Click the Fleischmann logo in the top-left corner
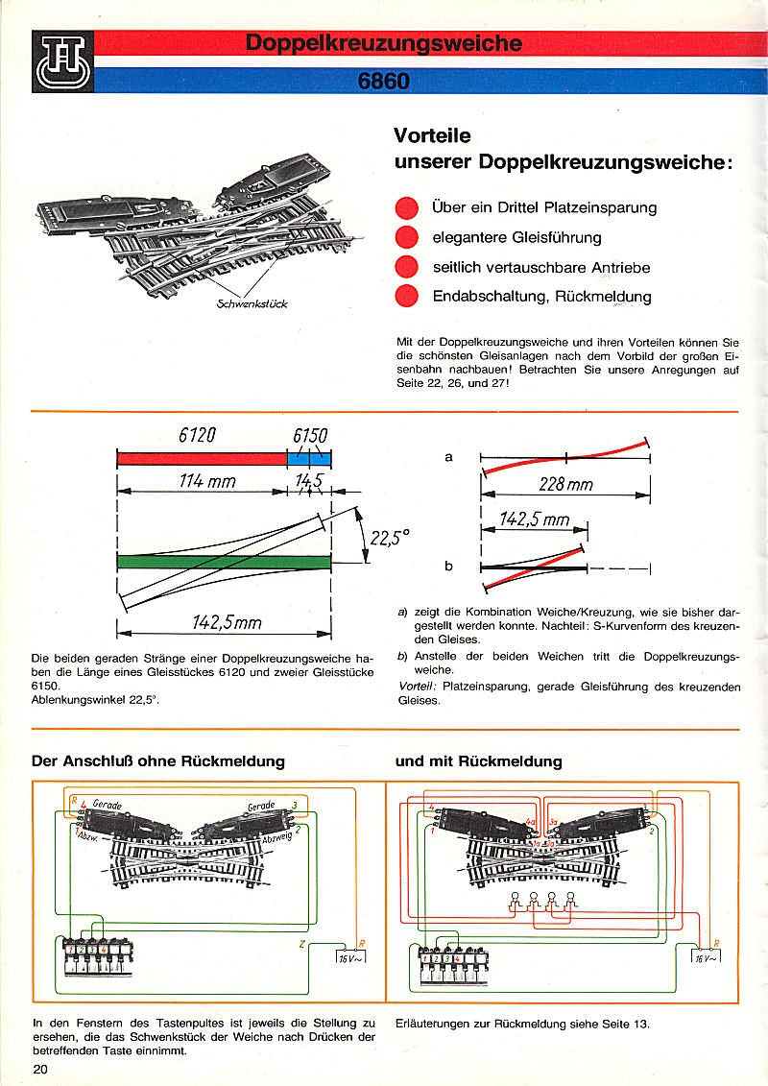(x=62, y=62)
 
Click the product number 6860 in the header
(x=384, y=82)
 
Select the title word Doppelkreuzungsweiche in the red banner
(x=384, y=43)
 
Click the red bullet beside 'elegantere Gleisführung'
(x=407, y=237)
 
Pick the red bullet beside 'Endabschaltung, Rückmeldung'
(x=407, y=296)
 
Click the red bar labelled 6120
(x=202, y=459)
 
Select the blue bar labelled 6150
(x=309, y=459)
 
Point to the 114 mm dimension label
(x=206, y=481)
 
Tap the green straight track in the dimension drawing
(x=223, y=562)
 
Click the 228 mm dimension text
(x=565, y=485)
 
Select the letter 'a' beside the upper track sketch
(x=448, y=457)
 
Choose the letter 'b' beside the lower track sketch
(x=448, y=567)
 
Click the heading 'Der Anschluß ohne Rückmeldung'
(x=158, y=761)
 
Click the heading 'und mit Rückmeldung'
(x=478, y=761)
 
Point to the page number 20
(x=41, y=1069)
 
